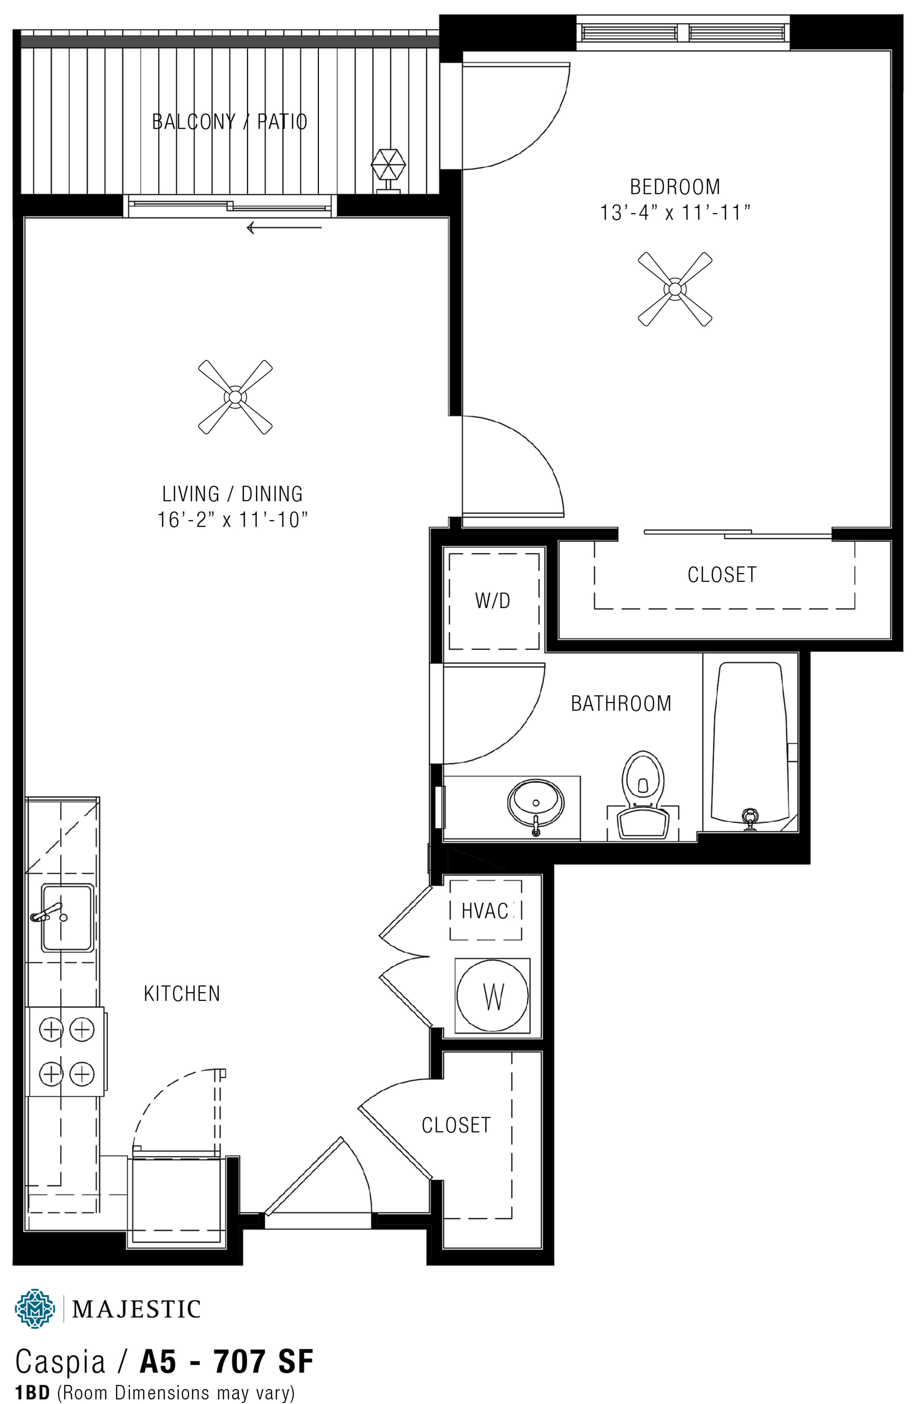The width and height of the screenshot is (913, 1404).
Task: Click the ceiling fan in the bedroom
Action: point(675,289)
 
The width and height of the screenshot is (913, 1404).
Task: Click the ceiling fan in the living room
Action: point(235,397)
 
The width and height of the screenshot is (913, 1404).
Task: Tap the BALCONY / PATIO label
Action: point(230,122)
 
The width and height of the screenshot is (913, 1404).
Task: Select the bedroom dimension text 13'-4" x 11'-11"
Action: point(675,213)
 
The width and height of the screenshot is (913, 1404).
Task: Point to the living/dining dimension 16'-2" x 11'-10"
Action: point(233,520)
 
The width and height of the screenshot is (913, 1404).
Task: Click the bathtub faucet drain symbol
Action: point(750,819)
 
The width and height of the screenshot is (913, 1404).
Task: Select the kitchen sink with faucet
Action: point(66,917)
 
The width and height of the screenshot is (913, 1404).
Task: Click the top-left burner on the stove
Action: point(51,1030)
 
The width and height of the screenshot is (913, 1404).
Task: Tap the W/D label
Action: point(492,600)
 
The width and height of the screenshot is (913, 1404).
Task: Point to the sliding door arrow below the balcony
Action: point(284,227)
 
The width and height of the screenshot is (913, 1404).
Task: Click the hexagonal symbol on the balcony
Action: point(388,166)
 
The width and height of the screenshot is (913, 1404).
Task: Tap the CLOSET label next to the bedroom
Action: point(722,575)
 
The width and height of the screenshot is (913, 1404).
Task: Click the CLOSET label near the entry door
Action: point(456,1125)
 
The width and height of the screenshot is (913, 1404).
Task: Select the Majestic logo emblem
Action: point(35,1308)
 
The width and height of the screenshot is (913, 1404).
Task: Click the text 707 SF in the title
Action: point(263,1361)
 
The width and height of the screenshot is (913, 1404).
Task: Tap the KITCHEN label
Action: point(182,993)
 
